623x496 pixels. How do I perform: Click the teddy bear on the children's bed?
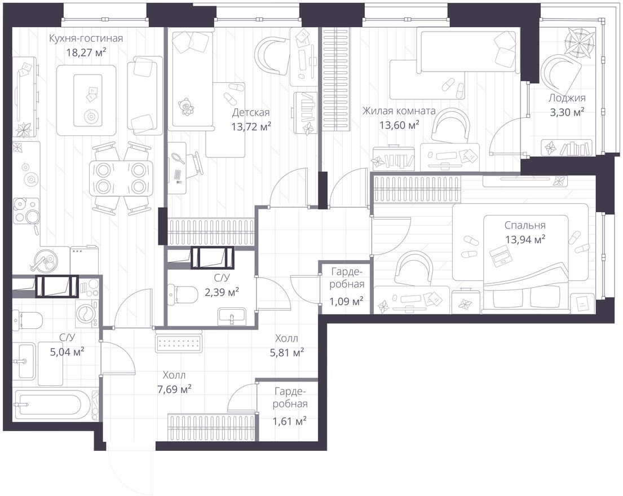[185, 107]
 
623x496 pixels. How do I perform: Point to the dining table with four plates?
[121, 177]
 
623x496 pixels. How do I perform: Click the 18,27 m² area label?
[86, 52]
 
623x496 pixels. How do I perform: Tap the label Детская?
[251, 112]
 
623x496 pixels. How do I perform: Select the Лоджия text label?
[567, 98]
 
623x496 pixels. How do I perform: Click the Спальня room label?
[525, 225]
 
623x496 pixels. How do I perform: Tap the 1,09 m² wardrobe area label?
[346, 301]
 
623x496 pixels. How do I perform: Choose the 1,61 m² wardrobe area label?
[289, 420]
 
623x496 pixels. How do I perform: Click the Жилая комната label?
[399, 111]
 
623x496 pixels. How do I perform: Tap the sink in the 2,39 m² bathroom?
[232, 318]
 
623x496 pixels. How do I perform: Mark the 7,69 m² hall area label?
[174, 389]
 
